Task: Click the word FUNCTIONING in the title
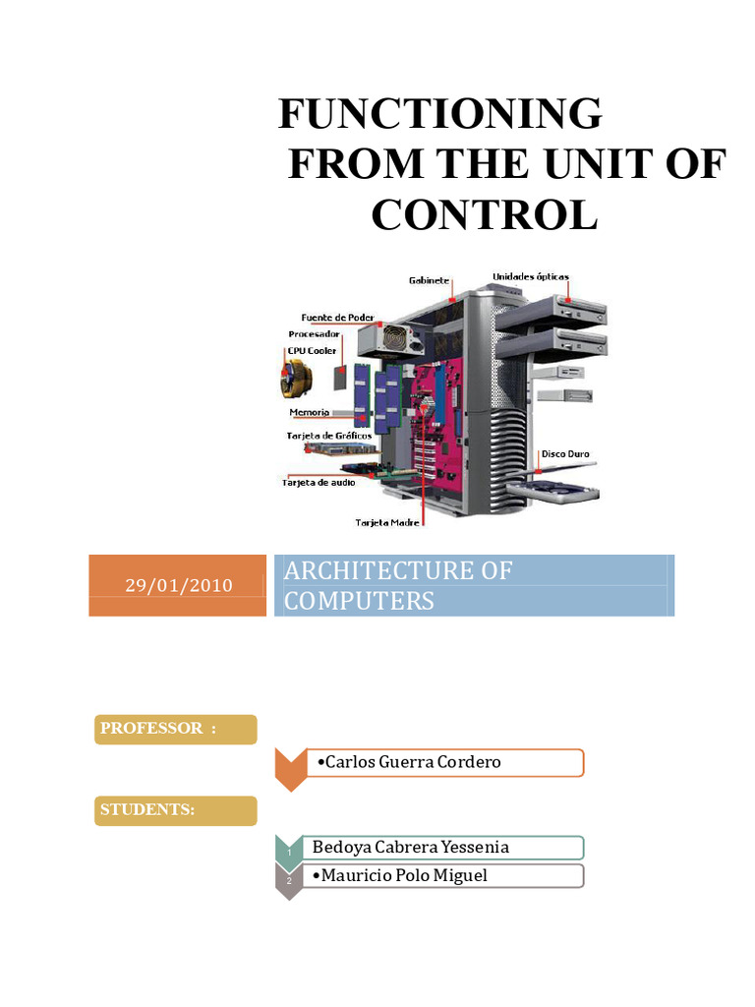(x=439, y=114)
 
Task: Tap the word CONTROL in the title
(x=484, y=215)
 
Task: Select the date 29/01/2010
(x=178, y=586)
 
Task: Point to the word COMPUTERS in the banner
(x=359, y=601)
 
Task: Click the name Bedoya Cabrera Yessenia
(x=410, y=847)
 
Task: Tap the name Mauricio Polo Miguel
(x=398, y=875)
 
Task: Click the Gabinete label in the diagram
(x=429, y=281)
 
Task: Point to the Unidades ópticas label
(x=530, y=277)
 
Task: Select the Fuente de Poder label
(x=337, y=318)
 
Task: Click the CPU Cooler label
(x=312, y=351)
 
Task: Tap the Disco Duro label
(x=564, y=454)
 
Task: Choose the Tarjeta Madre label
(x=387, y=522)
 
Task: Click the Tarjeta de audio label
(x=319, y=482)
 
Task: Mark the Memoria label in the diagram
(x=309, y=412)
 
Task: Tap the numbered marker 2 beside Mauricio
(x=288, y=881)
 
